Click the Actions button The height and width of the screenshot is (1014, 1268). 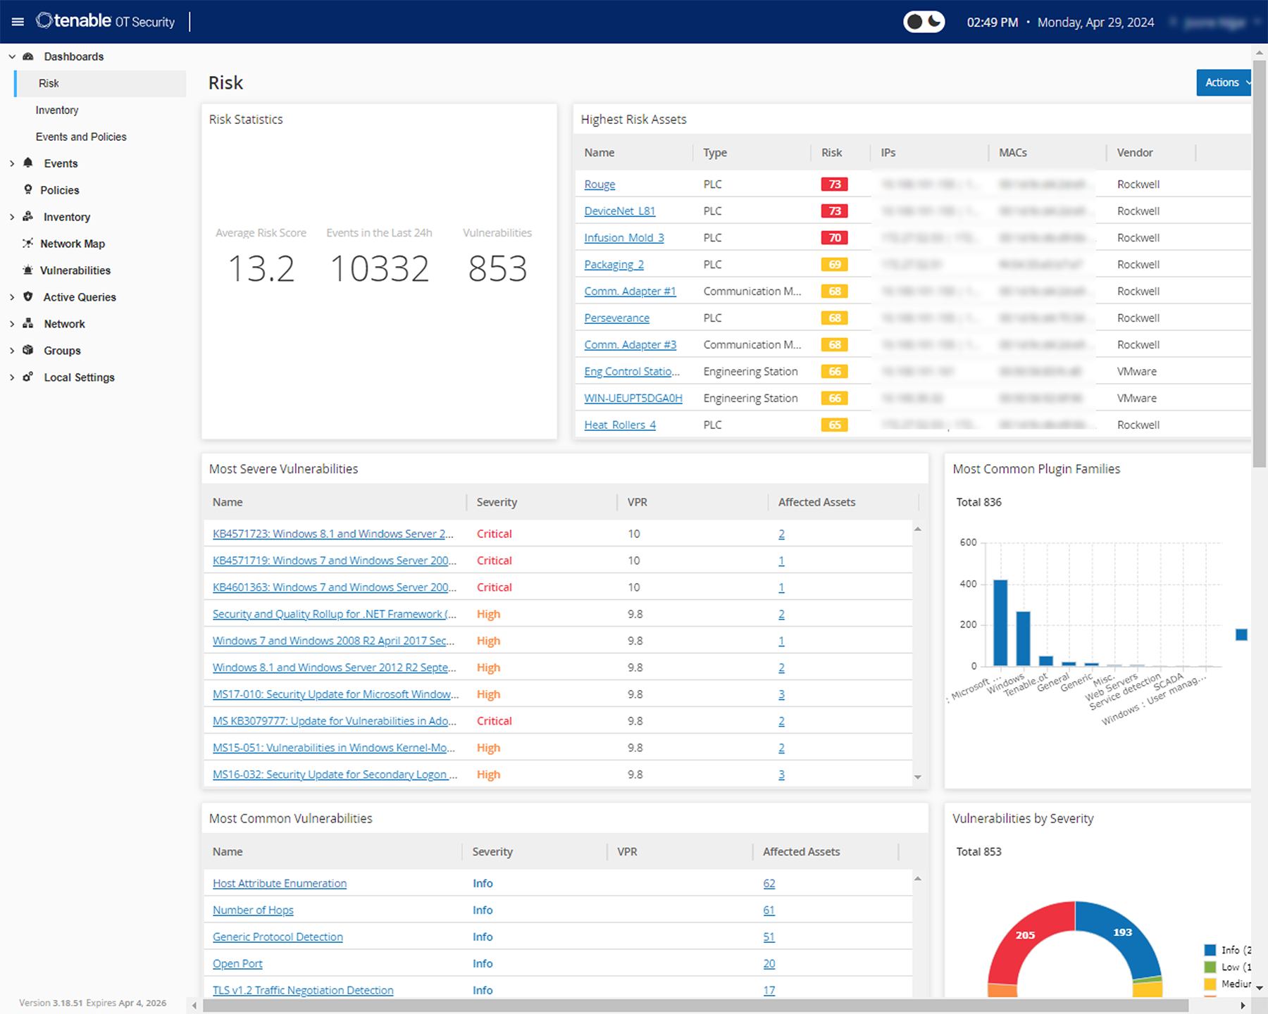(x=1223, y=82)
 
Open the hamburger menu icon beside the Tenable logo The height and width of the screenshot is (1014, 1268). (x=18, y=22)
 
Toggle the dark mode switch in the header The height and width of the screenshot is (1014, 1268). (x=924, y=22)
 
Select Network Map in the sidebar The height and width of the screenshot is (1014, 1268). (x=73, y=244)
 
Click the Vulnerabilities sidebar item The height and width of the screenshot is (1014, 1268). (x=75, y=270)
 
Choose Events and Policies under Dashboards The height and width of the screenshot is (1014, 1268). (x=81, y=137)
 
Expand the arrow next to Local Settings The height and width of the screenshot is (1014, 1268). (x=12, y=377)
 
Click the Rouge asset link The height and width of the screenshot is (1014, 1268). (x=599, y=184)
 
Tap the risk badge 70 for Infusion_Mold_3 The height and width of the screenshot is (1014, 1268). (x=834, y=238)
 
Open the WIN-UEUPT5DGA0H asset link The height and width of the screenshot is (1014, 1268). (x=633, y=399)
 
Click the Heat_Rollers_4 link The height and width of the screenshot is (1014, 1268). (x=620, y=425)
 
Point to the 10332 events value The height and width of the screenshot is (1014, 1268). (x=379, y=269)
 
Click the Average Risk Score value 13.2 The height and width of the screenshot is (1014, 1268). (x=261, y=269)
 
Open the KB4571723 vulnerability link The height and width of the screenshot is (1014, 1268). (x=332, y=534)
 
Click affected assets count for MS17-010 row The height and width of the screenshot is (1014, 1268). (x=781, y=694)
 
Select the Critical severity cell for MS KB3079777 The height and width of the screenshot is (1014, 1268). (x=494, y=721)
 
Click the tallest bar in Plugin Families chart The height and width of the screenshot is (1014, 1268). (x=1000, y=623)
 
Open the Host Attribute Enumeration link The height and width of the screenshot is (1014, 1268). (x=280, y=884)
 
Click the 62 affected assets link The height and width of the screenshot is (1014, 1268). (x=769, y=884)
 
